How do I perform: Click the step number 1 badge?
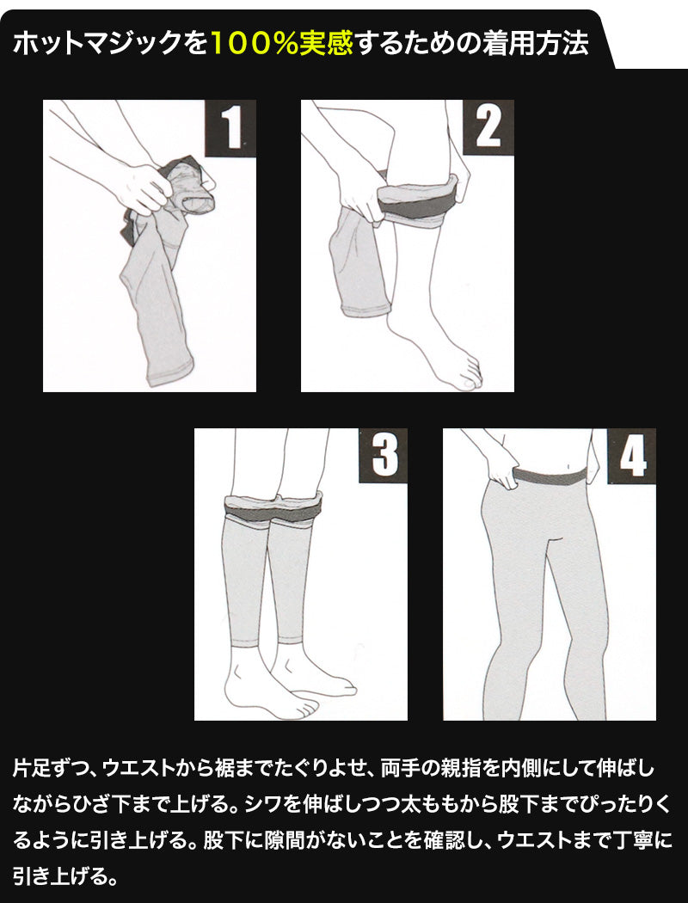pos(230,128)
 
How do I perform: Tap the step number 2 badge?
pos(488,128)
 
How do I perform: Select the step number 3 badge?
pos(384,456)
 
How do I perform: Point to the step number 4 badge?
pos(631,456)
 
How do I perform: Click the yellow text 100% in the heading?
pos(254,44)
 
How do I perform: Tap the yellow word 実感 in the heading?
pos(326,44)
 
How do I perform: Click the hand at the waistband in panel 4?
pos(501,470)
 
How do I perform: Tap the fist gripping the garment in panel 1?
pos(143,188)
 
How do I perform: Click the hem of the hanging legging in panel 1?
pos(170,373)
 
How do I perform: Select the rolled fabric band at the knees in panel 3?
pos(273,507)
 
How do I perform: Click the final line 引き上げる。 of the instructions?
pos(65,877)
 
